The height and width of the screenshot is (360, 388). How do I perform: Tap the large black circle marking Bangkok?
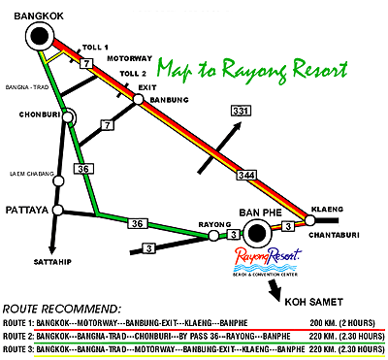[41, 38]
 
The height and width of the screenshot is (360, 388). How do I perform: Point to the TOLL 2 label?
[132, 73]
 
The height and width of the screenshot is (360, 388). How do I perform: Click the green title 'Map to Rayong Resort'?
[253, 69]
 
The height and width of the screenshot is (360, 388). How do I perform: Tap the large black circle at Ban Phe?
[258, 232]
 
